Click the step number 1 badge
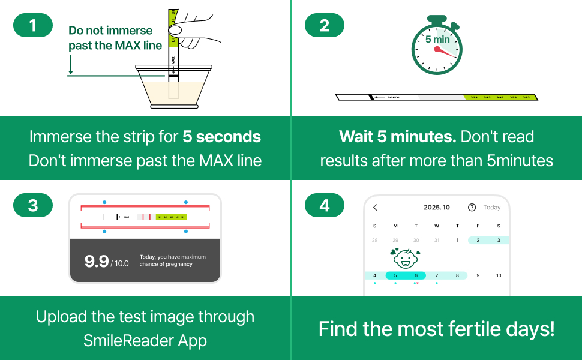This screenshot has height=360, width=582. [33, 25]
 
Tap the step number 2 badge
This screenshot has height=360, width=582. [325, 25]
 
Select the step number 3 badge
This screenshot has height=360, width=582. [33, 205]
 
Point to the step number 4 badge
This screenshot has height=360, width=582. [325, 205]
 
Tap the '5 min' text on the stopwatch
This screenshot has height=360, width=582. [437, 40]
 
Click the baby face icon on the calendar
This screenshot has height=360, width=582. [405, 259]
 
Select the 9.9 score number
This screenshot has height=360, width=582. [97, 261]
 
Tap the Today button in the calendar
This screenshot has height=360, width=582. [492, 208]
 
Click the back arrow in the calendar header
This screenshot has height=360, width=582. [376, 208]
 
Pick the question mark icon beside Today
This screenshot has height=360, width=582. [472, 208]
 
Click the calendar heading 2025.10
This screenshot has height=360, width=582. [436, 208]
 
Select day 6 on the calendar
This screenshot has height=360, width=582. [416, 275]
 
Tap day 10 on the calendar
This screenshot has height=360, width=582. [499, 275]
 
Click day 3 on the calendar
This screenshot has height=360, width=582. [499, 240]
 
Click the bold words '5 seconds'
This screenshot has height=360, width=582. [221, 137]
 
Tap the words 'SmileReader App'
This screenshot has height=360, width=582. [145, 341]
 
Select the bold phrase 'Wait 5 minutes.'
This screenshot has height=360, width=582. [397, 137]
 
